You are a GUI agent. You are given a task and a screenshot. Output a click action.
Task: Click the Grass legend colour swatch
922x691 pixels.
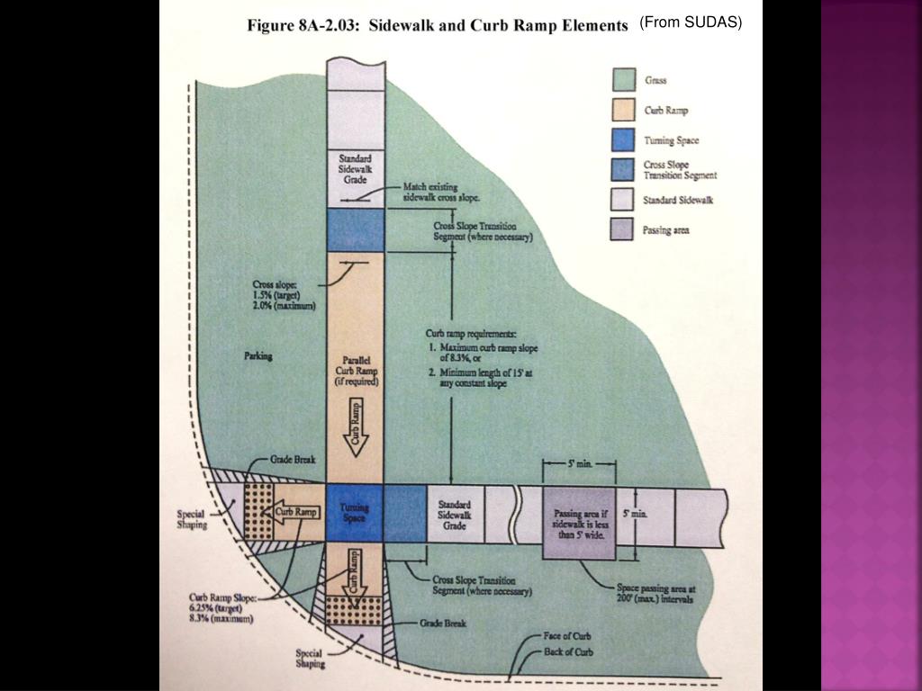pos(624,80)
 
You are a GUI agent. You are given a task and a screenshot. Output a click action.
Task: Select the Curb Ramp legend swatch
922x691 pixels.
pos(623,110)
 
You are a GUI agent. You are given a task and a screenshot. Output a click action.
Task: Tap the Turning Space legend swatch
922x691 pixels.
pos(623,139)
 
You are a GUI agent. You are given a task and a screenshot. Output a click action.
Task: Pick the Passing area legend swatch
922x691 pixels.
pos(621,229)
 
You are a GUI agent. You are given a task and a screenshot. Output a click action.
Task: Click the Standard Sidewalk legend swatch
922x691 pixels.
pos(622,199)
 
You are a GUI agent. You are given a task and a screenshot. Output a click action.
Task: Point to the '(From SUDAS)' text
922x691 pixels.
pos(691,22)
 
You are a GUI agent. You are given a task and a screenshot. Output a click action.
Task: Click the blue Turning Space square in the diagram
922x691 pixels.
pos(354,512)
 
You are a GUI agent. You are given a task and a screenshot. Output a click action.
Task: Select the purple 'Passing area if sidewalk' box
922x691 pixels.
pos(579,523)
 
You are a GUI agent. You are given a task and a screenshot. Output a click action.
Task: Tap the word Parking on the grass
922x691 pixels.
pos(258,356)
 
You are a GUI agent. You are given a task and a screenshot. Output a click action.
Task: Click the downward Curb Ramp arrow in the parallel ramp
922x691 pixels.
pos(356,427)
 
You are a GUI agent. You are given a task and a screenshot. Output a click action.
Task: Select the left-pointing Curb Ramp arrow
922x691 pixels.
pos(291,512)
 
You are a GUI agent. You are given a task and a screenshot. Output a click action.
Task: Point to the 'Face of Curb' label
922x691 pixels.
pos(567,636)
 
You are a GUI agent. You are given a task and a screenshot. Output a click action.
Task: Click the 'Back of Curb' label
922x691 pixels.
pos(568,651)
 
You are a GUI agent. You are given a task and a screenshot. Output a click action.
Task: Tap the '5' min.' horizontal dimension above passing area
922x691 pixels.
pos(579,463)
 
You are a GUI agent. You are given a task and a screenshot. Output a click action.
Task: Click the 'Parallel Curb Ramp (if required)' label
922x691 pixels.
pos(357,371)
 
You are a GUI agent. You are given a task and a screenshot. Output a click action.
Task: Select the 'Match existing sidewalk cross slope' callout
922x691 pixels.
pos(441,193)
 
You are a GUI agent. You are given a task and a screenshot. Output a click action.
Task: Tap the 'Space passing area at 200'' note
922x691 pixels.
pos(655,594)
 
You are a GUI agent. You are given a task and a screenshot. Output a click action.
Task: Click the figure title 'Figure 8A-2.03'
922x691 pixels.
pos(303,26)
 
